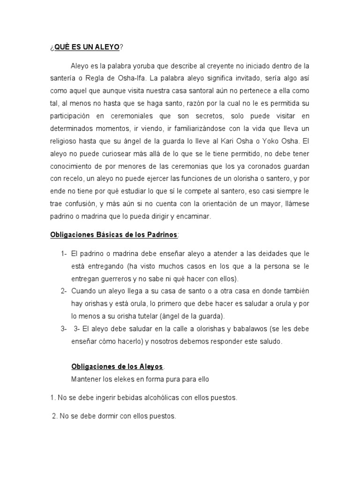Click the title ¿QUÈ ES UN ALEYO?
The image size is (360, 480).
[x=87, y=47]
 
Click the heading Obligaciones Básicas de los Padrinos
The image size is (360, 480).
[x=114, y=234]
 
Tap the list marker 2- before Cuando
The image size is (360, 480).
[x=64, y=291]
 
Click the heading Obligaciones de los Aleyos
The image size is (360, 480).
[x=117, y=366]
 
